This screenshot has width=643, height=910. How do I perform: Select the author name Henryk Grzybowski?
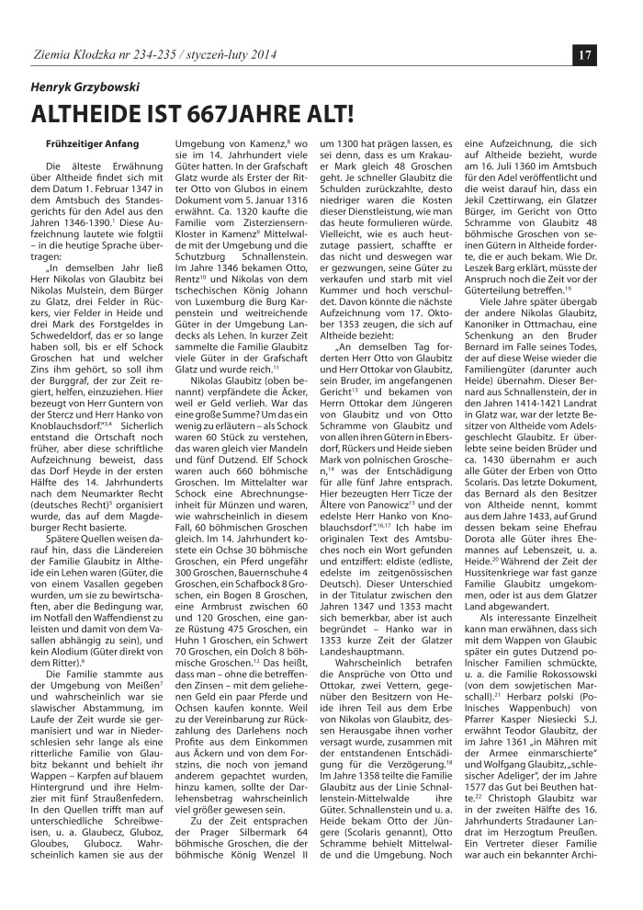tap(82, 85)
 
